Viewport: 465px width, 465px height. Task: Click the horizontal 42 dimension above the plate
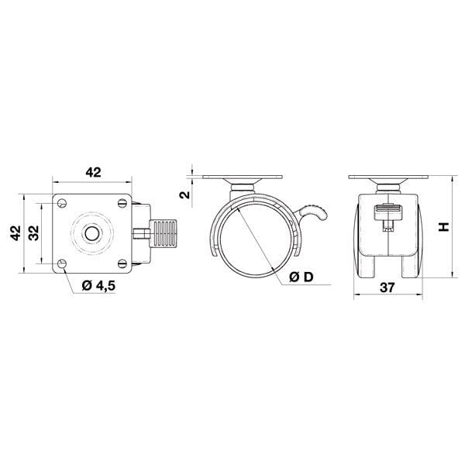tap(92, 172)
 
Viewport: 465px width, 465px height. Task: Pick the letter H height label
tap(443, 227)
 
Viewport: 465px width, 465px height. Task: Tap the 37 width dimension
tap(388, 288)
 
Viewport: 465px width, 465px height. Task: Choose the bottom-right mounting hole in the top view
tap(122, 263)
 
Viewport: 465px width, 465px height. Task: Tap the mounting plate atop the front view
tap(388, 181)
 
